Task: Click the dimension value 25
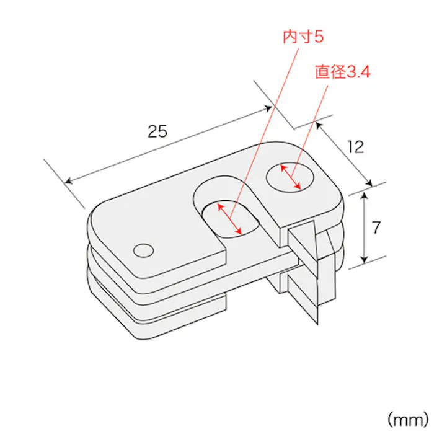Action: click(157, 131)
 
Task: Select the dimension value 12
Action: click(355, 147)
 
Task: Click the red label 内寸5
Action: click(303, 37)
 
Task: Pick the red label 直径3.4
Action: click(342, 73)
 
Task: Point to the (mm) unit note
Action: click(407, 420)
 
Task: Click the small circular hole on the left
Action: click(143, 250)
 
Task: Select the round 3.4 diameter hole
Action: click(291, 177)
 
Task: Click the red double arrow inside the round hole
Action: click(291, 177)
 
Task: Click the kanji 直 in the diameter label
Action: click(322, 73)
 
